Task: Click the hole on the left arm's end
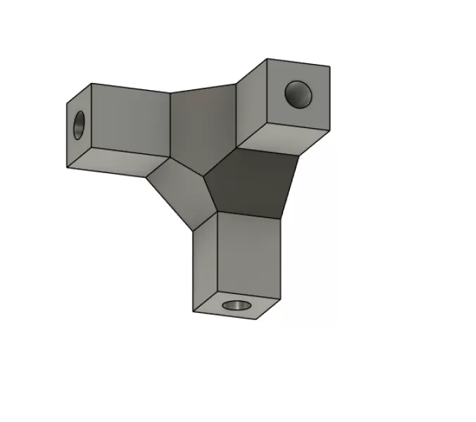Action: click(78, 124)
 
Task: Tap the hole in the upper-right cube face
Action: click(298, 93)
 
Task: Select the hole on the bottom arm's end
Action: click(237, 306)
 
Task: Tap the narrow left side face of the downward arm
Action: click(204, 260)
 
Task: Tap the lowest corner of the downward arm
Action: click(256, 319)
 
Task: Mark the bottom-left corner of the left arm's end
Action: click(67, 168)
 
